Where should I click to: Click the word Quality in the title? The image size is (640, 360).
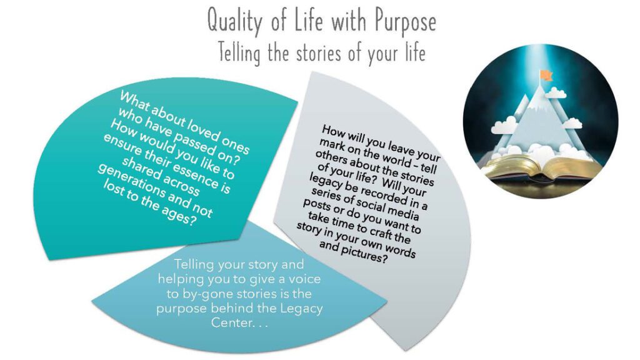234,21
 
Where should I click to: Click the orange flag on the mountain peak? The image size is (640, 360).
546,76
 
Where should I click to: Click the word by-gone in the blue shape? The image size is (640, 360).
206,294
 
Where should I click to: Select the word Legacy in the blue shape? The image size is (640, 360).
301,309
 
